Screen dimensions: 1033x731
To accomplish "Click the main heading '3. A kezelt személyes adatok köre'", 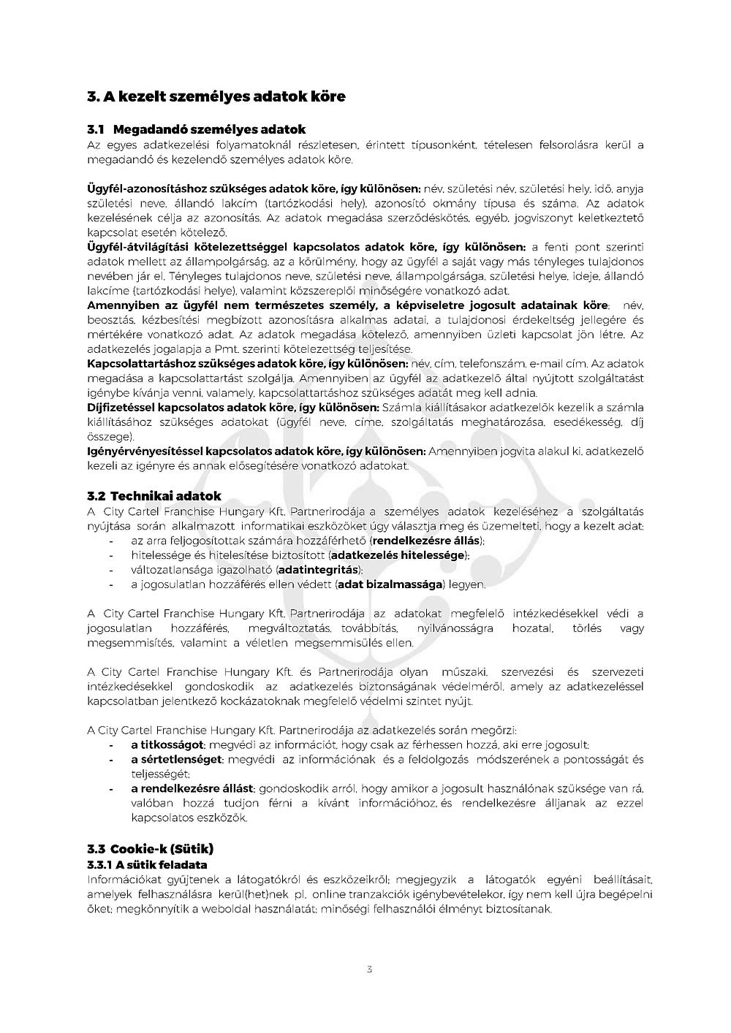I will (216, 96).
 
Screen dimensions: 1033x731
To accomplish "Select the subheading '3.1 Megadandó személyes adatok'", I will (196, 129).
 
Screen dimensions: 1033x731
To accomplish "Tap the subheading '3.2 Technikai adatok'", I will (154, 496).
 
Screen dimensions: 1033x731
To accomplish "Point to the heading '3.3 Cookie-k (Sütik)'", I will (150, 849).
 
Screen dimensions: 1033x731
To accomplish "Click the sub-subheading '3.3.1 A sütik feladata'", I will (147, 865).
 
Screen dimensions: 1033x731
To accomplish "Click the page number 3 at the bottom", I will (369, 969).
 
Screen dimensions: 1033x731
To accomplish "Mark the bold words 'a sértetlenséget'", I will (175, 760).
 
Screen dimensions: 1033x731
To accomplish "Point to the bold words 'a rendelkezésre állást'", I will (192, 789).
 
